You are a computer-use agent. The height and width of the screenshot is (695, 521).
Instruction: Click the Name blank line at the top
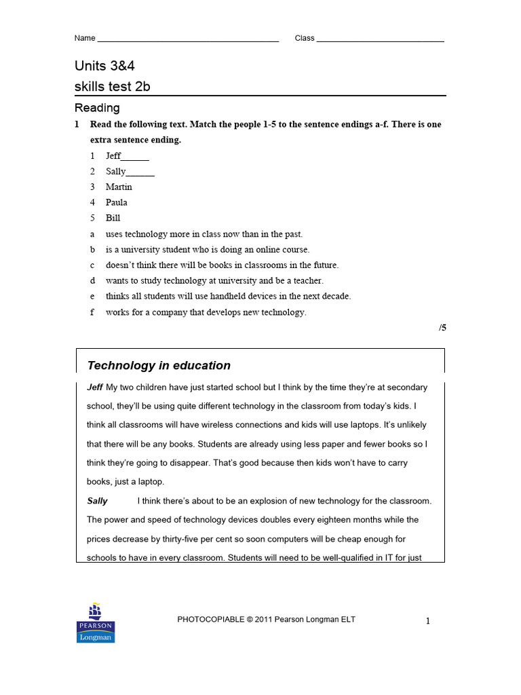[x=188, y=41]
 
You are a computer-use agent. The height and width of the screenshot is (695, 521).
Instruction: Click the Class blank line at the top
[x=380, y=41]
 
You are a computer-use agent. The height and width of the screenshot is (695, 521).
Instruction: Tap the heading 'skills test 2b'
[x=112, y=86]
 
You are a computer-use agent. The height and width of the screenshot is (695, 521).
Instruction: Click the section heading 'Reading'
[x=97, y=107]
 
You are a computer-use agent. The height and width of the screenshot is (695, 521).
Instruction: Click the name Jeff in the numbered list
[x=113, y=155]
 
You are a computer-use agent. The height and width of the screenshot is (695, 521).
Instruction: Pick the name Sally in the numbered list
[x=116, y=171]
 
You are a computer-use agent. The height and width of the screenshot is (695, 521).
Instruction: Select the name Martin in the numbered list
[x=119, y=187]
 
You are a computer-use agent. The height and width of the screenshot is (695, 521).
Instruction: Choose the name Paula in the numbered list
[x=117, y=202]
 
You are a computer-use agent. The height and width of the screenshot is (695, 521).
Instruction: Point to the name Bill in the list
[x=113, y=218]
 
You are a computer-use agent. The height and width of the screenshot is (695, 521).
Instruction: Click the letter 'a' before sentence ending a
[x=93, y=234]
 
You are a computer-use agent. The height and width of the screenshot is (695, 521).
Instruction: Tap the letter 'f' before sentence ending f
[x=93, y=312]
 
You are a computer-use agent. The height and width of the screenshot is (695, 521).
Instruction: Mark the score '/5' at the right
[x=442, y=328]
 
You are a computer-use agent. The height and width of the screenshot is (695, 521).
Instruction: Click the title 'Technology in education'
[x=159, y=365]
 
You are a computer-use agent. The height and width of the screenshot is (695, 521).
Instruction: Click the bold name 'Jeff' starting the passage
[x=95, y=387]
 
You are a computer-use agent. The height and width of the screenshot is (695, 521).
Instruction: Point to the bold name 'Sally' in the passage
[x=98, y=501]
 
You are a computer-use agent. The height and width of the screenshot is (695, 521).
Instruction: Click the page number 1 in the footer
[x=428, y=620]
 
